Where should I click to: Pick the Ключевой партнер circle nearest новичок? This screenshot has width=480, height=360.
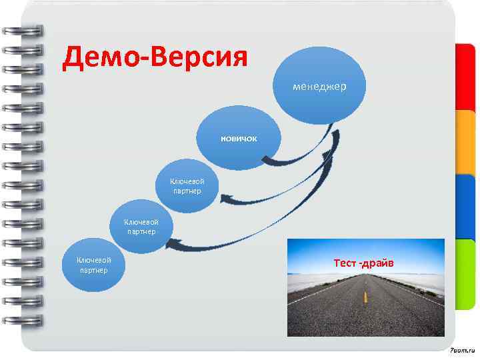(x=187, y=187)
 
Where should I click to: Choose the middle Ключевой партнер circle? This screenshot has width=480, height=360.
(x=141, y=227)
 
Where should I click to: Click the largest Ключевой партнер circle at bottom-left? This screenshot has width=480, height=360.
(x=93, y=265)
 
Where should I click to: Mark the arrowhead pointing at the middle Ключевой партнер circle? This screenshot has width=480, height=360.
(x=171, y=245)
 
